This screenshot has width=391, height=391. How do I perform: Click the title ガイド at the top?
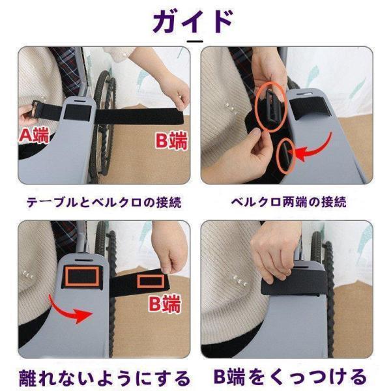[193, 22]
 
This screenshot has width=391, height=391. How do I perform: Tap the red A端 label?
[35, 136]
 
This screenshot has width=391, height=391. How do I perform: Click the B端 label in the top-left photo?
[171, 141]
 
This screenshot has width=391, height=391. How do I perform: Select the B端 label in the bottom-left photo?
[165, 304]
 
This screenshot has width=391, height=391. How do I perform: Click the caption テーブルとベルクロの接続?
[104, 202]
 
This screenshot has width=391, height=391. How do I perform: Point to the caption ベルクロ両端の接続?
[289, 202]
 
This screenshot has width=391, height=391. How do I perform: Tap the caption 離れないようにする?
[105, 378]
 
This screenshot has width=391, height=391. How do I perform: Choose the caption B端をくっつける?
[290, 377]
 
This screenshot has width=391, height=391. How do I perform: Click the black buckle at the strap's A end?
[36, 109]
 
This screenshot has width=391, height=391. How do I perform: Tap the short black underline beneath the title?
[195, 41]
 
